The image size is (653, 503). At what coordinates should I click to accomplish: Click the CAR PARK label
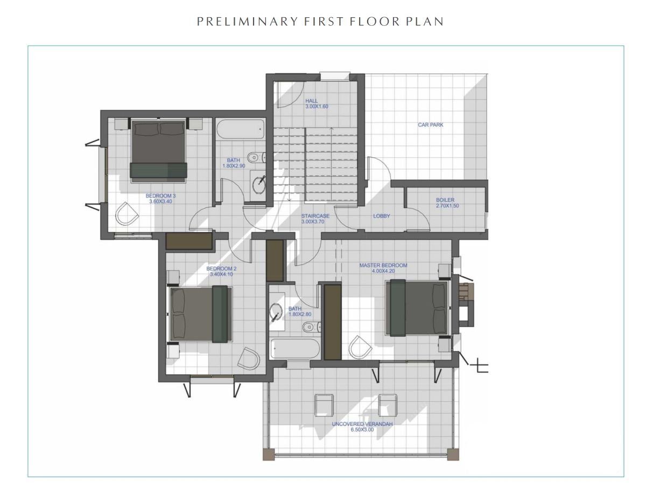[x=430, y=125]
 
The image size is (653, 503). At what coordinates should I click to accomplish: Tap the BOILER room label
[x=447, y=203]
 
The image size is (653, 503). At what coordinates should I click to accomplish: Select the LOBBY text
[x=382, y=216]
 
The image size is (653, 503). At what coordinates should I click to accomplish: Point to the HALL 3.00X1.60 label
[x=317, y=103]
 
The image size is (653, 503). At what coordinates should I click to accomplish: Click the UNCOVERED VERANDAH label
[x=362, y=427]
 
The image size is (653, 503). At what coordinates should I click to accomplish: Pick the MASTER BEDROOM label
[x=383, y=268]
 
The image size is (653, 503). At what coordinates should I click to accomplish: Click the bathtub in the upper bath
[x=241, y=129]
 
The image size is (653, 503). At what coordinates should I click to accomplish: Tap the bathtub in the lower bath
[x=295, y=348]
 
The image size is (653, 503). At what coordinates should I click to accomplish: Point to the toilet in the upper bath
[x=256, y=157]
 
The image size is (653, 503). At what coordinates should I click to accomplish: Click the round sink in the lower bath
[x=276, y=312]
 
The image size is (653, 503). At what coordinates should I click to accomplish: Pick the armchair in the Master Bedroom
[x=360, y=347]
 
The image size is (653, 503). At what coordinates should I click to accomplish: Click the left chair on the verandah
[x=324, y=405]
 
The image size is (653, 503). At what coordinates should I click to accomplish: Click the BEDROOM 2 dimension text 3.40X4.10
[x=221, y=274]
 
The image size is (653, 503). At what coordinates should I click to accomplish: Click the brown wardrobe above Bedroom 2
[x=189, y=241]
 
